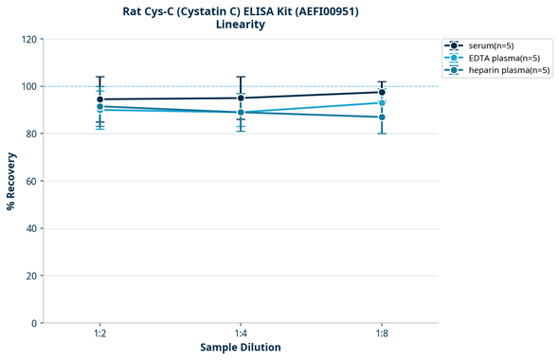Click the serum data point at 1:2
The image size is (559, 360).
(100, 99)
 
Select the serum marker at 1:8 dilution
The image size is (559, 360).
(382, 93)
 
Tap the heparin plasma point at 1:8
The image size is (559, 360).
(382, 117)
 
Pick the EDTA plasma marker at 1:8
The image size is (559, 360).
(382, 102)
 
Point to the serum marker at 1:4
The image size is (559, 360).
(241, 98)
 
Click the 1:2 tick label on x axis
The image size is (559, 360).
(100, 333)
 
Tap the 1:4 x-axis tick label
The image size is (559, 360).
(241, 333)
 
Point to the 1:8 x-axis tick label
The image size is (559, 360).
(382, 333)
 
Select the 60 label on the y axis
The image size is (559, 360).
(31, 181)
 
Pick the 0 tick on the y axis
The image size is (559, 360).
(34, 323)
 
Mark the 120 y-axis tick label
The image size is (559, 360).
(28, 39)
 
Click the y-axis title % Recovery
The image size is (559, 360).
(11, 180)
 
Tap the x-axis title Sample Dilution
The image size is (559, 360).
(241, 348)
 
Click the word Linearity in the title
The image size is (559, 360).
(241, 25)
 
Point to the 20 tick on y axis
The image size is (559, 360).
(31, 276)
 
